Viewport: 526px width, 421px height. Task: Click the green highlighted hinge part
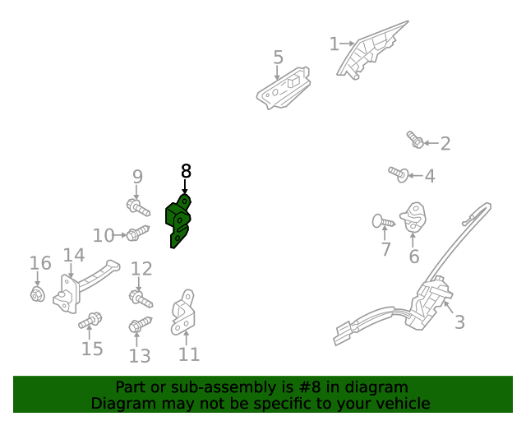click(178, 221)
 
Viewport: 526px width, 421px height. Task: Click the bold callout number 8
click(186, 171)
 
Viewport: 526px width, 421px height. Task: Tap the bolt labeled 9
click(138, 207)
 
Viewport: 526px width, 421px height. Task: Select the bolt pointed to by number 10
click(138, 233)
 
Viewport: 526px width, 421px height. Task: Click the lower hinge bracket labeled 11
click(183, 312)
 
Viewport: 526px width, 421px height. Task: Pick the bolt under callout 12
click(141, 299)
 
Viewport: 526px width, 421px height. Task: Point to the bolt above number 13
click(141, 324)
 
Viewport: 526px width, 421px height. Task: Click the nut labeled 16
click(37, 294)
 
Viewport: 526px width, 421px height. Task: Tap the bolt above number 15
click(90, 320)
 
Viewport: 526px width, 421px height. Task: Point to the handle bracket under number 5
click(283, 88)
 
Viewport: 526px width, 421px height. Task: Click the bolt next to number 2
click(415, 139)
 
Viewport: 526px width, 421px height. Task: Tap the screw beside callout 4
click(399, 174)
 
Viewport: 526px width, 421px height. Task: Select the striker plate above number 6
click(413, 217)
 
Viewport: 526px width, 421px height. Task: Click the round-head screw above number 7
click(384, 221)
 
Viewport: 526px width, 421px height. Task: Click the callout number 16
click(40, 263)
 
